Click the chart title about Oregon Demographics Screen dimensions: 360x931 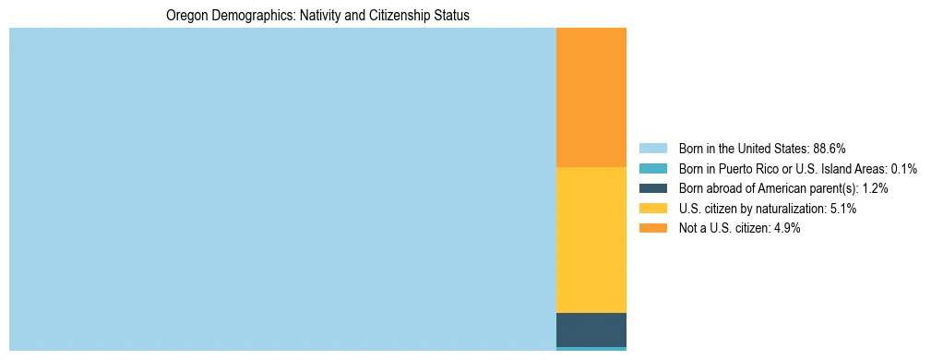click(x=317, y=16)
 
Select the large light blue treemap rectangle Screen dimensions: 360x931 click(x=282, y=188)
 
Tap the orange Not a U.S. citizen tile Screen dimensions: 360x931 click(x=591, y=97)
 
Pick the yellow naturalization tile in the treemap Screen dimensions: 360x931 click(x=591, y=239)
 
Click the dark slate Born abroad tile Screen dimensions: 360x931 click(x=591, y=330)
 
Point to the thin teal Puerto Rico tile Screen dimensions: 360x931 click(x=591, y=348)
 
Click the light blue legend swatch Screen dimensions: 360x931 click(x=652, y=148)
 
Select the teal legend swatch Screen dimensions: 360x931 click(x=652, y=168)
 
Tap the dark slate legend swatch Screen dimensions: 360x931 click(x=652, y=188)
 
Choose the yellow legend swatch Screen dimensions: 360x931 click(x=652, y=209)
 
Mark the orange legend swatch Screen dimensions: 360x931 click(x=652, y=229)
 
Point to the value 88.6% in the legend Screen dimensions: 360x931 click(x=830, y=148)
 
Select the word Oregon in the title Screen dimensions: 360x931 click(x=185, y=16)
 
